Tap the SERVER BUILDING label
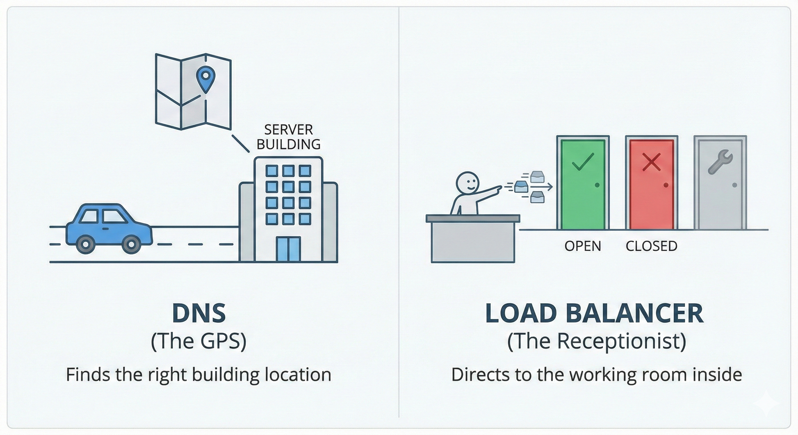[288, 137]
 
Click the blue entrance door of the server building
[288, 249]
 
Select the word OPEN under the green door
[583, 246]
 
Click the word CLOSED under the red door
[651, 246]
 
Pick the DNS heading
[199, 313]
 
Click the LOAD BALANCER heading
[594, 313]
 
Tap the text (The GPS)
[199, 341]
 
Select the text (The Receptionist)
[597, 341]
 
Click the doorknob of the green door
[597, 185]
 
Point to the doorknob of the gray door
[735, 185]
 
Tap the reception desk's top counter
[473, 218]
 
